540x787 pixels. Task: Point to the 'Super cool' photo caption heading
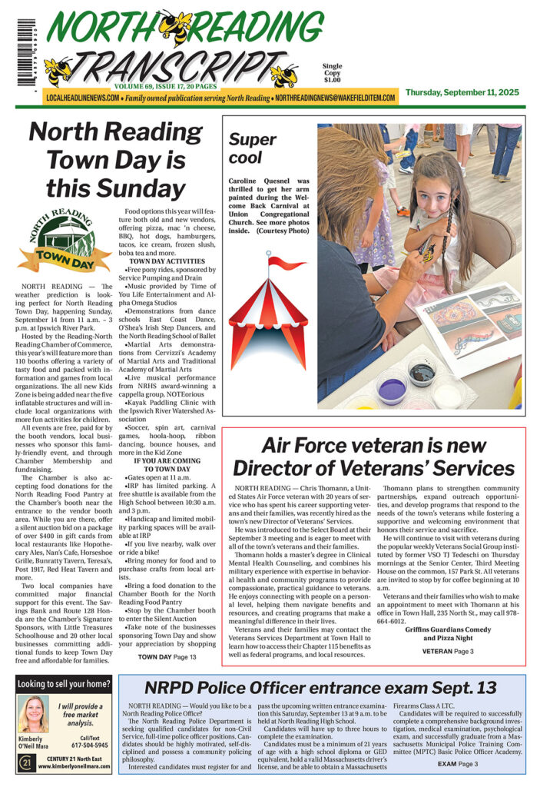tap(253, 148)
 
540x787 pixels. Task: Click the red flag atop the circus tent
tap(286, 264)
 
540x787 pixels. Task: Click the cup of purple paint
tap(392, 387)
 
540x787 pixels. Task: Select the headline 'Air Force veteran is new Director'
tap(374, 456)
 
